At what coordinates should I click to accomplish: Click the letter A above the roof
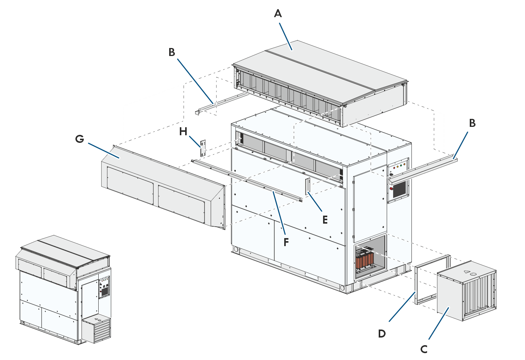[278, 14]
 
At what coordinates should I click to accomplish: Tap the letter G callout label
[80, 139]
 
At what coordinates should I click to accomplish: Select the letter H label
[183, 132]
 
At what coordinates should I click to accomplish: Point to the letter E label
[325, 220]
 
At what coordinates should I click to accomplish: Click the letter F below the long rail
[287, 242]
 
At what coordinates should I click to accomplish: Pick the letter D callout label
[382, 334]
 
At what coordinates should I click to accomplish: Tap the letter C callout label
[424, 349]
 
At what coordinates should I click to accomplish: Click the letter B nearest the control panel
[472, 123]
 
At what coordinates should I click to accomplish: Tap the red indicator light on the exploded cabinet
[394, 168]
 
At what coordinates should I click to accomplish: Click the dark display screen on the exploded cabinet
[400, 189]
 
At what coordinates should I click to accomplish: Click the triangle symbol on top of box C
[466, 272]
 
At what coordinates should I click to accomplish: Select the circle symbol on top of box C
[473, 274]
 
